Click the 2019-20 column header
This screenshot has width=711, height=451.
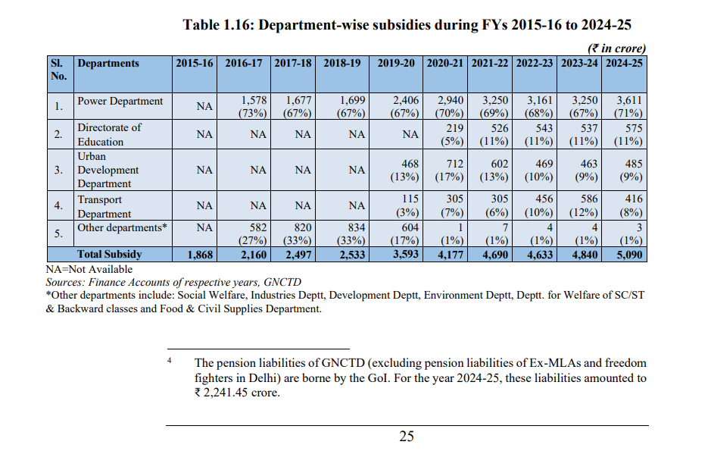pyautogui.click(x=396, y=63)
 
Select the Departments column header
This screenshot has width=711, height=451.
pyautogui.click(x=108, y=63)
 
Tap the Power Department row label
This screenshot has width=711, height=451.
pyautogui.click(x=120, y=101)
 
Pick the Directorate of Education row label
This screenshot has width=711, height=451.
pyautogui.click(x=109, y=134)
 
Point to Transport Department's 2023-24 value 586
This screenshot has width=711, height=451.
pyautogui.click(x=588, y=199)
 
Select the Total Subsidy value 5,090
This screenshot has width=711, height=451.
pyautogui.click(x=629, y=255)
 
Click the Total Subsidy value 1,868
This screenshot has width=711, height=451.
pyautogui.click(x=200, y=255)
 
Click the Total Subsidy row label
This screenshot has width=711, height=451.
pyautogui.click(x=109, y=254)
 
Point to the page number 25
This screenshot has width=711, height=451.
pyautogui.click(x=407, y=436)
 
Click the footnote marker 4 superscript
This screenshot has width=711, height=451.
pyautogui.click(x=169, y=360)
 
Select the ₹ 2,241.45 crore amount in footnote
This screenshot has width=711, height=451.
pyautogui.click(x=237, y=393)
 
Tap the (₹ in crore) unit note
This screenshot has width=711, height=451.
pyautogui.click(x=616, y=48)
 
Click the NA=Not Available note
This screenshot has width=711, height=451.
pyautogui.click(x=89, y=269)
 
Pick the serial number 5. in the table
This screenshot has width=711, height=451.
pyautogui.click(x=58, y=233)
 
